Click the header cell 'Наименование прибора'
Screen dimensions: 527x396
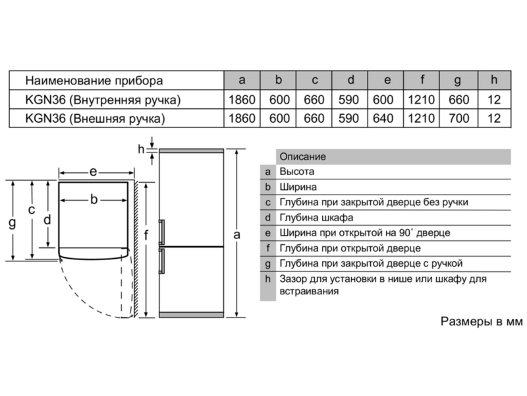pyautogui.click(x=94, y=81)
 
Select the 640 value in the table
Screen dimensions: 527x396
pyautogui.click(x=383, y=118)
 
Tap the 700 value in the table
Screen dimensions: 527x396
pyautogui.click(x=458, y=118)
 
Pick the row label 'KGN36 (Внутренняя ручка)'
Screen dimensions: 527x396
pyautogui.click(x=103, y=100)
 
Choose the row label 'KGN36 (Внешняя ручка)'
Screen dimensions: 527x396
pyautogui.click(x=95, y=119)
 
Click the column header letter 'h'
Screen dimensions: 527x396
pyautogui.click(x=493, y=80)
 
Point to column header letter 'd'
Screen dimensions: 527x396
pyautogui.click(x=350, y=80)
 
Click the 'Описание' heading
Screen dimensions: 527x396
pyautogui.click(x=302, y=156)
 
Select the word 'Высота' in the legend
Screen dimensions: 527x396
pyautogui.click(x=297, y=172)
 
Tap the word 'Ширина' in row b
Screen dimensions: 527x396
pyautogui.click(x=298, y=187)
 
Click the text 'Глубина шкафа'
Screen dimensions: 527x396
pyautogui.click(x=316, y=218)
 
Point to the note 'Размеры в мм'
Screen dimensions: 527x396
pyautogui.click(x=482, y=321)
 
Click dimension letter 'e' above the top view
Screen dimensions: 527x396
pyautogui.click(x=93, y=172)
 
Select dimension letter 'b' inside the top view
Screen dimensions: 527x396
pyautogui.click(x=94, y=199)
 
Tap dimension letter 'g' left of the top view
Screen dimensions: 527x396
pyautogui.click(x=12, y=222)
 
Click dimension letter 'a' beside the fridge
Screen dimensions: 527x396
pyautogui.click(x=237, y=235)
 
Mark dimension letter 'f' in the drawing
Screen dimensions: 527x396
pyautogui.click(x=146, y=235)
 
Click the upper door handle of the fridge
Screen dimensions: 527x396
pyautogui.click(x=161, y=232)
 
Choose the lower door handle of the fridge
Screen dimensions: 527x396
pyautogui.click(x=161, y=261)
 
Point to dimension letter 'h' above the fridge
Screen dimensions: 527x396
pyautogui.click(x=141, y=149)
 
